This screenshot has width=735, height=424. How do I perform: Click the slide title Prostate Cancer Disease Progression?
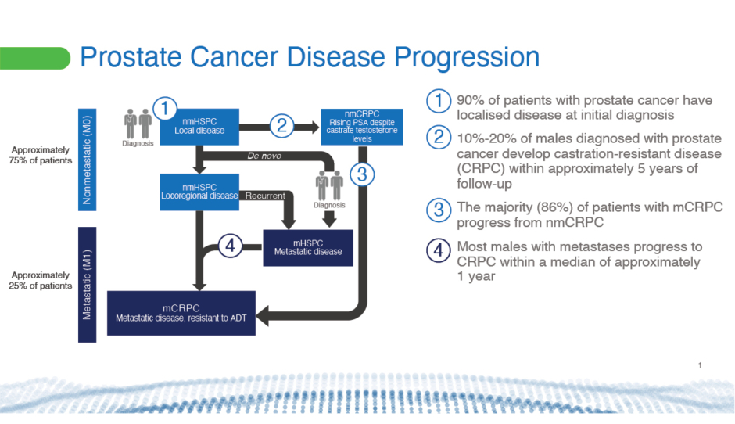[x=310, y=57]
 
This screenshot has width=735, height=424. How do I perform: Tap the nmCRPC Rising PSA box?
[x=362, y=125]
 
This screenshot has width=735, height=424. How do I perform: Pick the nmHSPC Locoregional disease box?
[x=199, y=191]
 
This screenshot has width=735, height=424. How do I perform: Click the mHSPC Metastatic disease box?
[x=307, y=246]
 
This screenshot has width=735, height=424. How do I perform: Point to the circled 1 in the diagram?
[x=166, y=108]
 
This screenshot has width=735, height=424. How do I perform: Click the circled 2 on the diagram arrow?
[x=284, y=125]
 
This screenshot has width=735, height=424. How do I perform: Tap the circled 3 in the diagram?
[x=360, y=174]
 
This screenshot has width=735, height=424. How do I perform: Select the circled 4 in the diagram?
[x=228, y=246]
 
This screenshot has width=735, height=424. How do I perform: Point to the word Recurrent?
[x=264, y=196]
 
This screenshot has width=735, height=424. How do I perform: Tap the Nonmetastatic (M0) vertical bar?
[x=88, y=159]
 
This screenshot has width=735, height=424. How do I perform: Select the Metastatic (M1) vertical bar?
[x=88, y=284]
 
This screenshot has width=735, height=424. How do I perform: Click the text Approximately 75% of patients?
[x=40, y=155]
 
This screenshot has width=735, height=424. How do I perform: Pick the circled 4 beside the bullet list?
[x=438, y=250]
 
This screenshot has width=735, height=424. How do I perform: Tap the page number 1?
[x=700, y=365]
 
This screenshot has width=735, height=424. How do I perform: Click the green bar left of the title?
[x=35, y=57]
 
